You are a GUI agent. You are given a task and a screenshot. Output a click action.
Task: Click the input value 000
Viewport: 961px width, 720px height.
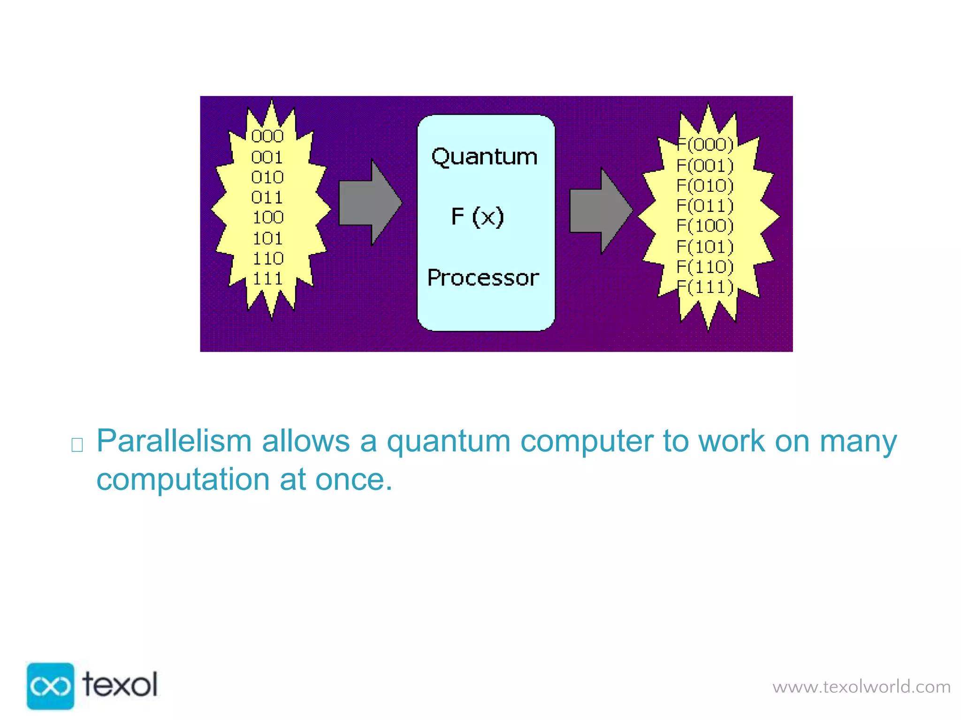pyautogui.click(x=267, y=136)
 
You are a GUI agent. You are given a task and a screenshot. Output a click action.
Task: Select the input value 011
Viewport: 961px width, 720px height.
pyautogui.click(x=267, y=198)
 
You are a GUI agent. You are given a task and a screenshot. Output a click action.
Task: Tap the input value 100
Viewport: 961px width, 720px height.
pyautogui.click(x=268, y=217)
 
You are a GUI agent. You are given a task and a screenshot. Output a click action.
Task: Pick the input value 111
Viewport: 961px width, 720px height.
pyautogui.click(x=267, y=279)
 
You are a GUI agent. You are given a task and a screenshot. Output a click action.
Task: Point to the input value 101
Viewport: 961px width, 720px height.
pyautogui.click(x=267, y=239)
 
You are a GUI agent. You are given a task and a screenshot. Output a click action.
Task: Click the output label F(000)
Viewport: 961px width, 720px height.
pyautogui.click(x=705, y=145)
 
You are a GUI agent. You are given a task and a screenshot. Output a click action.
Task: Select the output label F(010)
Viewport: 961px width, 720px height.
pyautogui.click(x=705, y=186)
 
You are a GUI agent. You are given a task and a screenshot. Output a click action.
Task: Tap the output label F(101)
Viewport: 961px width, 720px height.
pyautogui.click(x=705, y=247)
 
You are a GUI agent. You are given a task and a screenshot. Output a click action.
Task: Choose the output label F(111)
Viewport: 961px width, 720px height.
pyautogui.click(x=705, y=287)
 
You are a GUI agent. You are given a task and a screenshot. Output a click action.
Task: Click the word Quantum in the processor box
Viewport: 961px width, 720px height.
pyautogui.click(x=484, y=157)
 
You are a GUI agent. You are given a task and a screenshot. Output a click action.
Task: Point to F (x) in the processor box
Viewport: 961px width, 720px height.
pyautogui.click(x=477, y=217)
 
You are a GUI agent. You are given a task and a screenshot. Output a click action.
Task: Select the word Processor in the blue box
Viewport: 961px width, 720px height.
pyautogui.click(x=483, y=278)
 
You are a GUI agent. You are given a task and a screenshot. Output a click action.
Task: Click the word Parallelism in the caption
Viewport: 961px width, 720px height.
pyautogui.click(x=174, y=441)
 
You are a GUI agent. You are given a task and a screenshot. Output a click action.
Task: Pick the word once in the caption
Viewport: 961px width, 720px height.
pyautogui.click(x=353, y=480)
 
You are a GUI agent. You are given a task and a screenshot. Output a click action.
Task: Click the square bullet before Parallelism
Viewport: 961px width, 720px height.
pyautogui.click(x=77, y=445)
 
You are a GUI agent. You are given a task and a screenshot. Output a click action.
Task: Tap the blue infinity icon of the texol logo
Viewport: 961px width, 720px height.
pyautogui.click(x=50, y=686)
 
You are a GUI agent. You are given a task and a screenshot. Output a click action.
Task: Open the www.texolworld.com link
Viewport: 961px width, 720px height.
pyautogui.click(x=862, y=687)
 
